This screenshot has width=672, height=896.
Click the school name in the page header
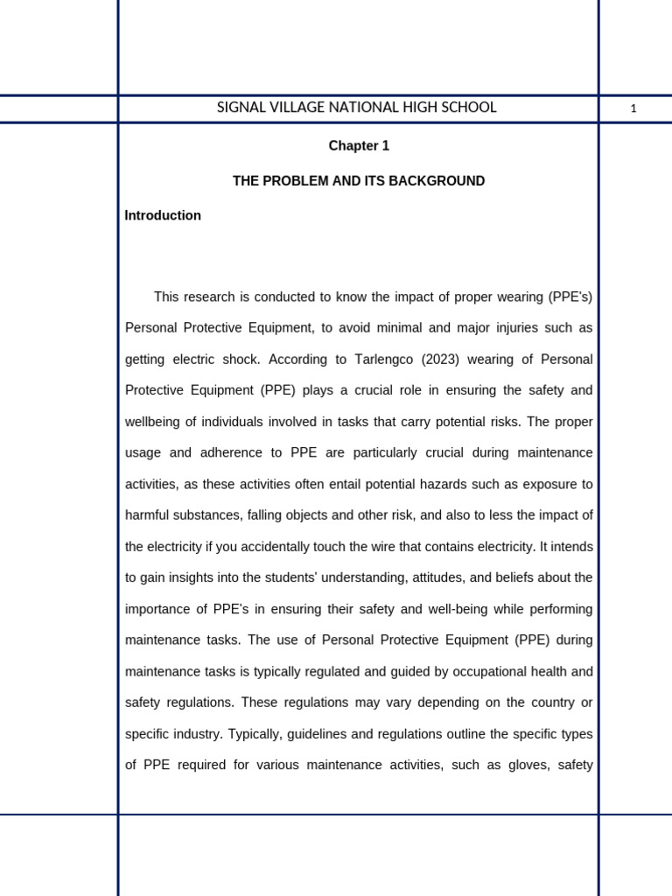356,108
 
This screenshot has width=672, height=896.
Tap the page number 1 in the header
633,108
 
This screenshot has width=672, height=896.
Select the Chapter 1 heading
359,146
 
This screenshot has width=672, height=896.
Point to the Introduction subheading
163,215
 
